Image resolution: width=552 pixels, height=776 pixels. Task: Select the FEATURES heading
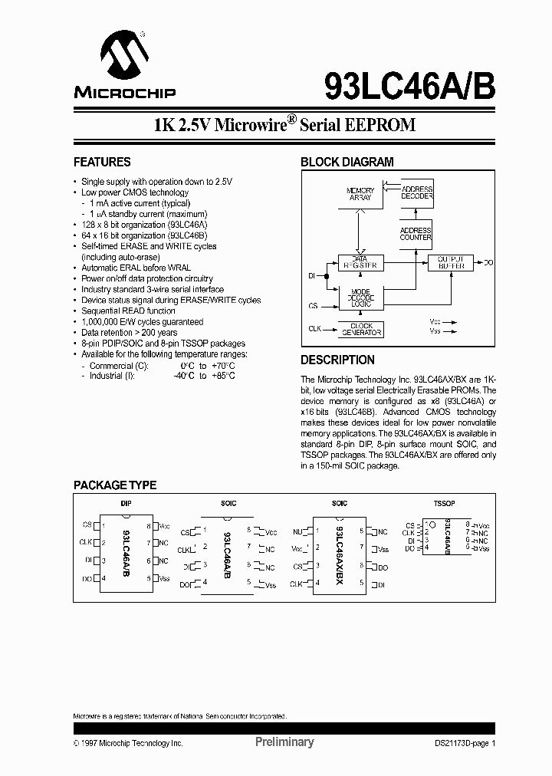pos(102,163)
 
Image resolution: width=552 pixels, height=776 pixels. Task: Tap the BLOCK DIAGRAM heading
pos(347,163)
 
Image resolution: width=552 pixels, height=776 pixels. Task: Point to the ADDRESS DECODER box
pos(416,192)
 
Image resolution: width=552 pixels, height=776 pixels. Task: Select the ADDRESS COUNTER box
pos(416,234)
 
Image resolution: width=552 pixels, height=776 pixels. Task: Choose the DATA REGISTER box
pos(360,263)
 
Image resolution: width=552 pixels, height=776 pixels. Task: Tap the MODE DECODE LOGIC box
pos(360,298)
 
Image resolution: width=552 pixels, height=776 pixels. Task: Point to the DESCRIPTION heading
pos(337,360)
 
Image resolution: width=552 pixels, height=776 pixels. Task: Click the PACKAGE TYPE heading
pos(115,485)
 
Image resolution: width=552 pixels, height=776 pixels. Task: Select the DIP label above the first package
pos(126,504)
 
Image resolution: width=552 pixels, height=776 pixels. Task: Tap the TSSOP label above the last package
pos(445,504)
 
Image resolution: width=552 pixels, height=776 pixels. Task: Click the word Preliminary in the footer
pos(284,742)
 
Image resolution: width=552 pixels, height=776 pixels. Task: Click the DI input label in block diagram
pos(312,275)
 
